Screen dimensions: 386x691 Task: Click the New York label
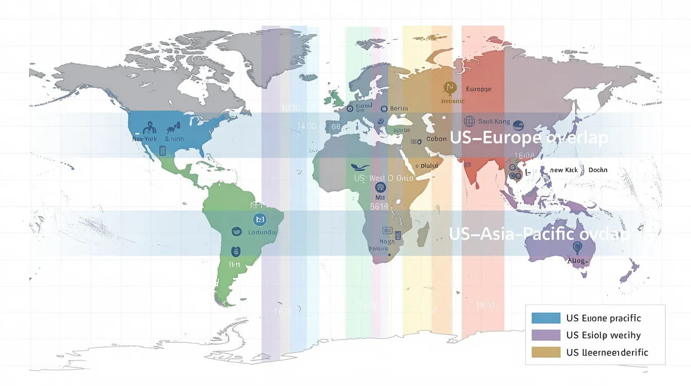point(144,139)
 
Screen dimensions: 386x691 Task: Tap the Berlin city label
point(398,108)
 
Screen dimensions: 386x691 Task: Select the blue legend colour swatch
point(546,318)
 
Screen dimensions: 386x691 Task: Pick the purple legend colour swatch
point(546,335)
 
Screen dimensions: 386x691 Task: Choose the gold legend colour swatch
point(546,352)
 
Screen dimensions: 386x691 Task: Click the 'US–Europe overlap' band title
point(529,138)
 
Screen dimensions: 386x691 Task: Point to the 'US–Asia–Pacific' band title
point(539,234)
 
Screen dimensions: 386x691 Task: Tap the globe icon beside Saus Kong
point(469,121)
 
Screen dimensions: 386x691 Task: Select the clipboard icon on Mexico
point(162,150)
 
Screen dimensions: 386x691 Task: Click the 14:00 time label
point(306,126)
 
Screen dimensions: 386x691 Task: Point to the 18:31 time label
point(485,305)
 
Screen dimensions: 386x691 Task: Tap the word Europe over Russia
point(478,89)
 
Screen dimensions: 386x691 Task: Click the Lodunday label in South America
point(262,232)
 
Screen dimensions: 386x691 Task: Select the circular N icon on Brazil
point(260,220)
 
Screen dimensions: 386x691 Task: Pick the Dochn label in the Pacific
point(598,170)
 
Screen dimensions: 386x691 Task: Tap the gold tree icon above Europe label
point(449,88)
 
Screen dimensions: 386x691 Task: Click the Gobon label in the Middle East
point(436,139)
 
